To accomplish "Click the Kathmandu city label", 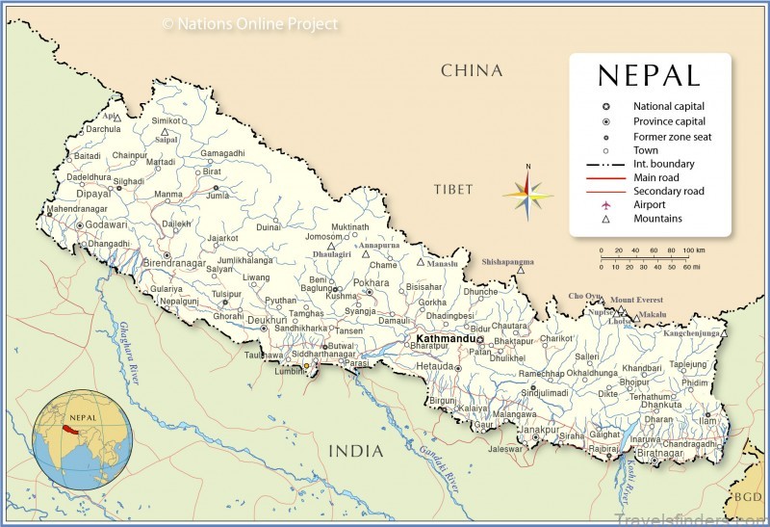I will [x=446, y=339].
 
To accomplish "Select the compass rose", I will [x=527, y=194].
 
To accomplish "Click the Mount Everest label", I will [x=636, y=300].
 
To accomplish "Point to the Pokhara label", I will [x=372, y=282].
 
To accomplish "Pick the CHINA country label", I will [x=472, y=70].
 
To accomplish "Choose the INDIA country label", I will [x=356, y=451].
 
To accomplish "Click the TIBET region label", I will [x=454, y=189].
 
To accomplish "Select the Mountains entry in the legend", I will [x=657, y=219].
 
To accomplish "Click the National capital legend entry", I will [x=669, y=106].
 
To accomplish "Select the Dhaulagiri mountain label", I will [x=333, y=253].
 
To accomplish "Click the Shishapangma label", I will [x=507, y=260].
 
